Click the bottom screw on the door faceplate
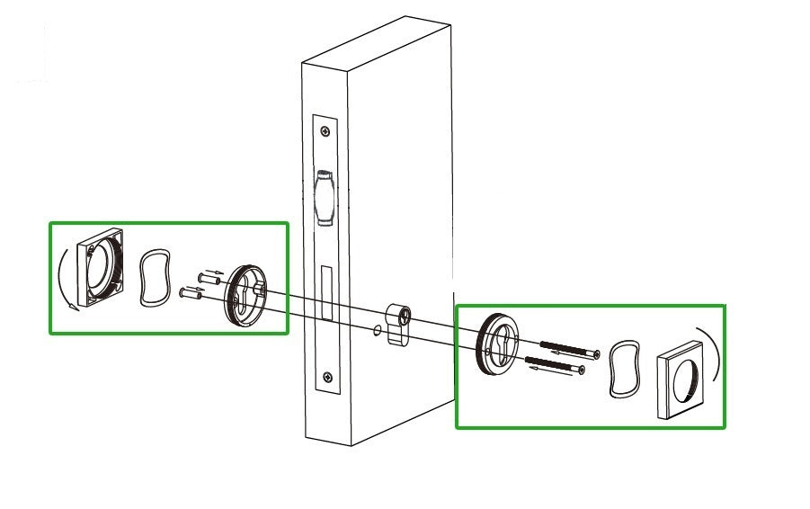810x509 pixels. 329,378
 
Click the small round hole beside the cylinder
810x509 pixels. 375,331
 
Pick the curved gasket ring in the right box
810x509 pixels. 622,368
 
